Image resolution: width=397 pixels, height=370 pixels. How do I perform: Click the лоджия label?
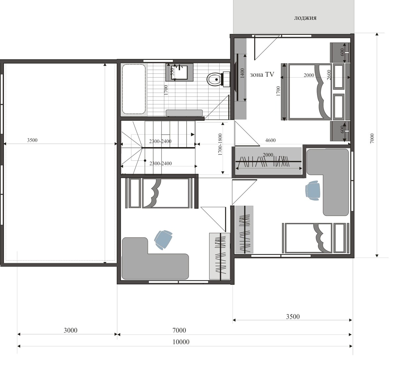[305, 18]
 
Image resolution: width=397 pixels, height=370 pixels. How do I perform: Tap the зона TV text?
[262, 74]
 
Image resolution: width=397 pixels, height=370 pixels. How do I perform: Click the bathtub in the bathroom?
[134, 89]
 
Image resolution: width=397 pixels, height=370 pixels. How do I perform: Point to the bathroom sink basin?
[179, 72]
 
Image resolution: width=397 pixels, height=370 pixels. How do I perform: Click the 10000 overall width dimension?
[181, 342]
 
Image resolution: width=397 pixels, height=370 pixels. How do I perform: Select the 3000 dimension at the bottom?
[70, 330]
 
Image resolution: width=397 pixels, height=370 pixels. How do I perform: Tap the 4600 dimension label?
[270, 140]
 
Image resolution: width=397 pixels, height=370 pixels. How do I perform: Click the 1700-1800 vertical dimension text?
[220, 144]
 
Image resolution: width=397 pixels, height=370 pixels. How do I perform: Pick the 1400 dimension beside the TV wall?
[242, 73]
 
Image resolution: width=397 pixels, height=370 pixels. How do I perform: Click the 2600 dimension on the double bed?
[329, 75]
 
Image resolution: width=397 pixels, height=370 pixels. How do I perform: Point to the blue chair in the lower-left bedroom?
[163, 239]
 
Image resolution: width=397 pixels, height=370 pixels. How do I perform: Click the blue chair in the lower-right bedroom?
[313, 190]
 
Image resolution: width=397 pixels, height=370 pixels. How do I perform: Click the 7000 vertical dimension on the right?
[372, 139]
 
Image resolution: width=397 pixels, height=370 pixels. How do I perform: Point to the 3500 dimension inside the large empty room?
[32, 140]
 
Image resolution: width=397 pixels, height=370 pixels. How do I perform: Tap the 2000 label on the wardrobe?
[268, 155]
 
